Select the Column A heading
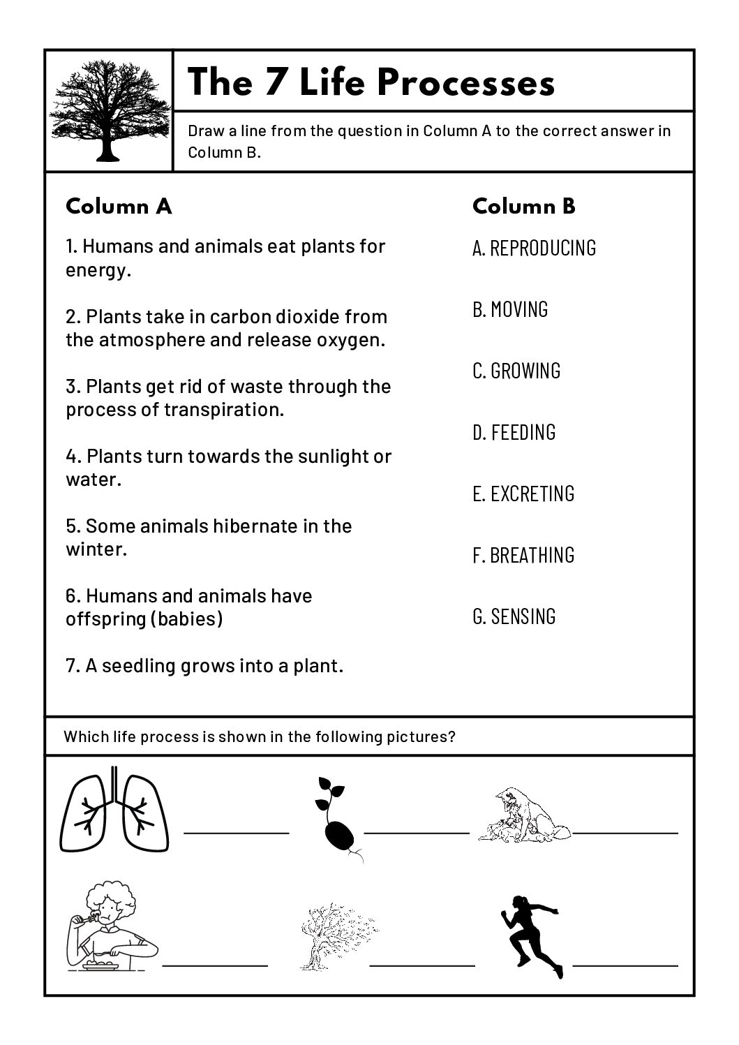[118, 207]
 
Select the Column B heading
[523, 206]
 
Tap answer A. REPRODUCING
[534, 248]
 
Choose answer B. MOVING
[510, 309]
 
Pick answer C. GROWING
[516, 371]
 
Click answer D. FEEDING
[514, 432]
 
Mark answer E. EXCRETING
[523, 494]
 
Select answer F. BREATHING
[523, 555]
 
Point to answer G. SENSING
[514, 616]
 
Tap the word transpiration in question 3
[224, 410]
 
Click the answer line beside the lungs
[236, 832]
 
